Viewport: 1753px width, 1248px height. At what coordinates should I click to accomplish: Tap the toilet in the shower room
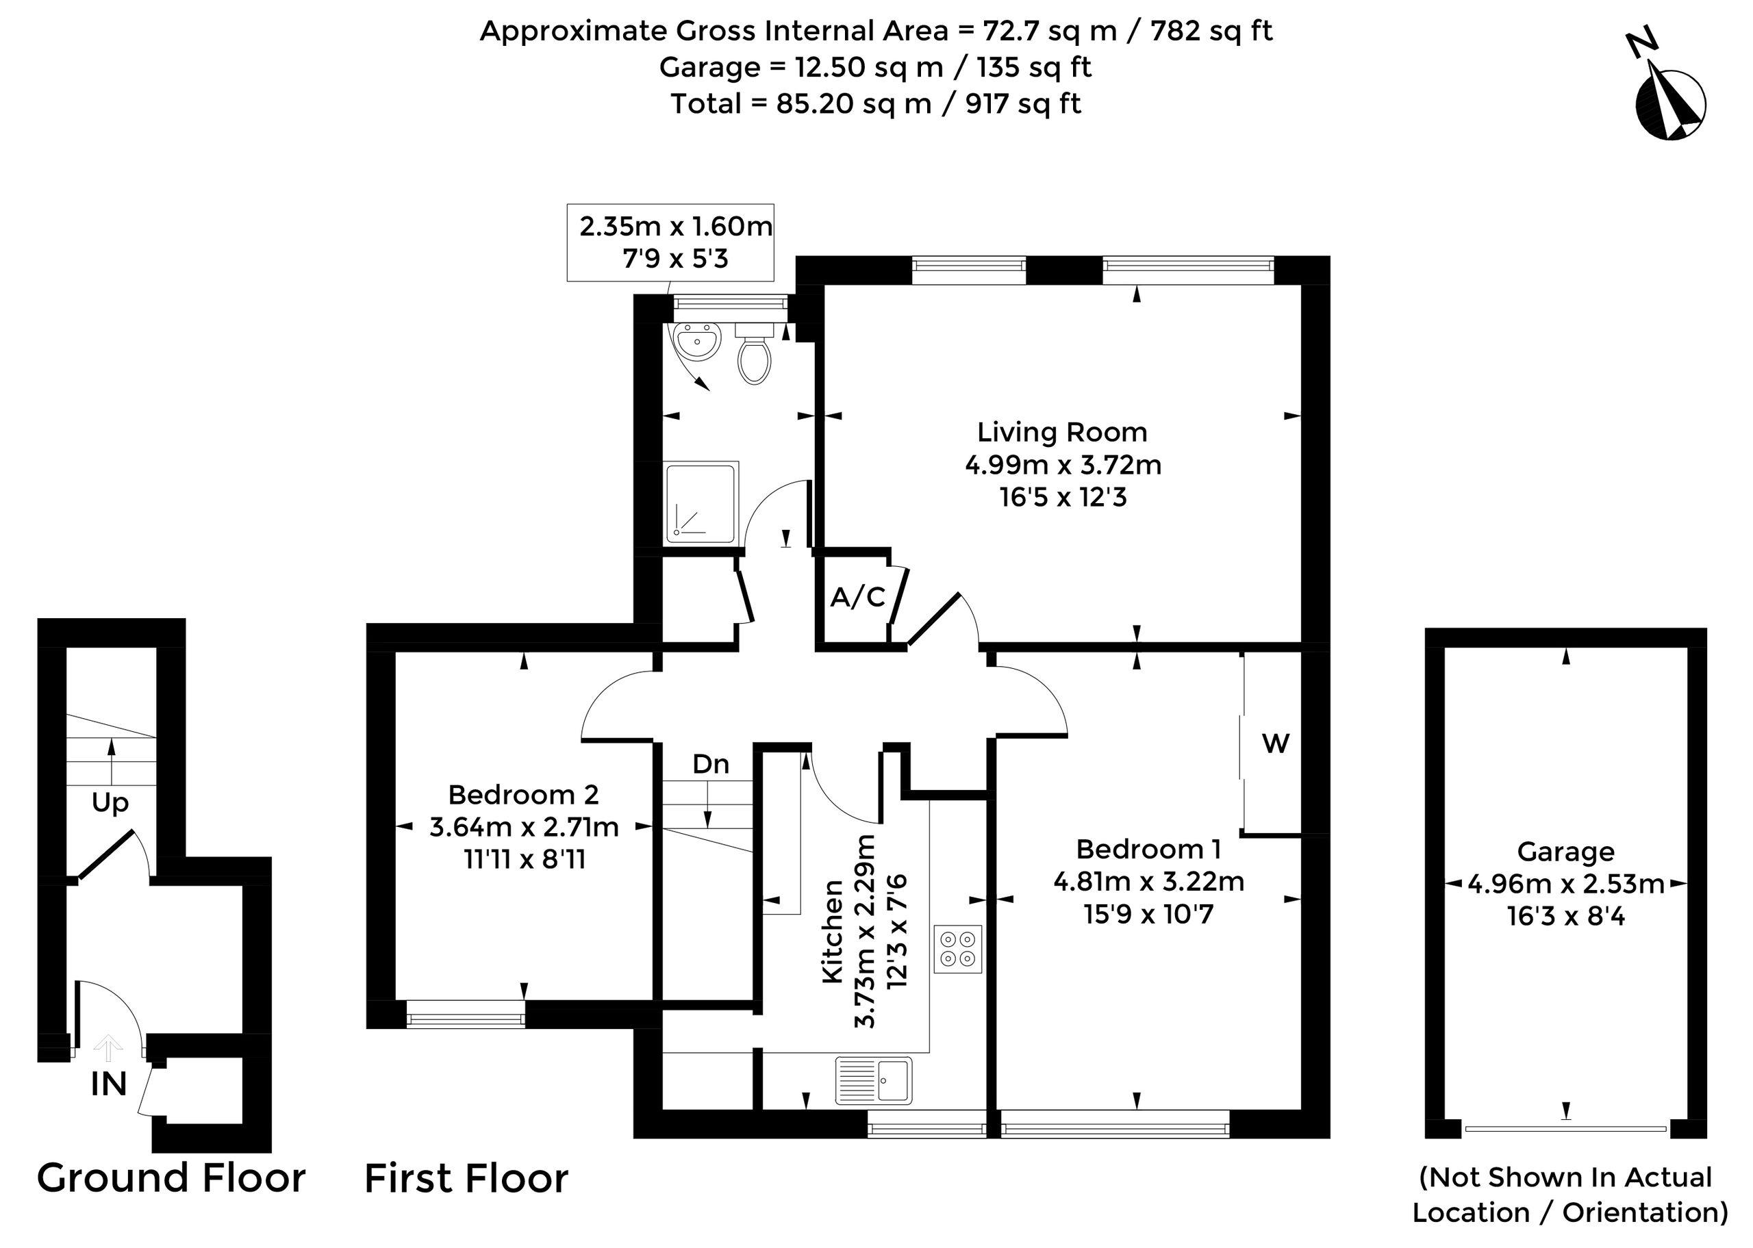[754, 354]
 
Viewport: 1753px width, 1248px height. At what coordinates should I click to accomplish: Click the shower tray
[701, 502]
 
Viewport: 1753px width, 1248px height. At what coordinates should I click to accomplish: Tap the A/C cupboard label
[858, 596]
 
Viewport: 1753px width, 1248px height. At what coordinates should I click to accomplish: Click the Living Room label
[1062, 432]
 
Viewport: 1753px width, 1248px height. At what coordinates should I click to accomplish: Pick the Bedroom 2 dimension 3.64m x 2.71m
[524, 827]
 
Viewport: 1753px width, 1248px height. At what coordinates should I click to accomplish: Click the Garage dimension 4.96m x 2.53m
[1566, 884]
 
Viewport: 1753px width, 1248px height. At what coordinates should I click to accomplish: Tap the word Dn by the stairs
[711, 764]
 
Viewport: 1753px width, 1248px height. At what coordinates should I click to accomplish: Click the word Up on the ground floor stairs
[110, 804]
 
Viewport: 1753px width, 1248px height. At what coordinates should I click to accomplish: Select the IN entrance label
[108, 1084]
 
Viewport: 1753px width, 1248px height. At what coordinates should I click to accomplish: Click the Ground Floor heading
[171, 1178]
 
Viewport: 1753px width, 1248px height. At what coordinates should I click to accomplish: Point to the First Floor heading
[466, 1178]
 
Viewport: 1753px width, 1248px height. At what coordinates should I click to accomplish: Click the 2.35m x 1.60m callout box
[670, 242]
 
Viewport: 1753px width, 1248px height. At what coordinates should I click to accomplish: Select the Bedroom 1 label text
[1148, 848]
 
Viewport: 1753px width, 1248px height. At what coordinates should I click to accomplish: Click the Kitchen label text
[834, 932]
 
